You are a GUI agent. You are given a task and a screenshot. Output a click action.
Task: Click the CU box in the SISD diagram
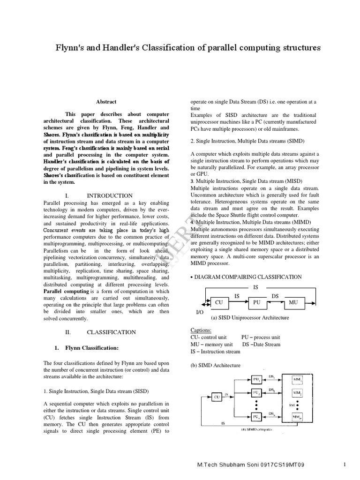coord(218,303)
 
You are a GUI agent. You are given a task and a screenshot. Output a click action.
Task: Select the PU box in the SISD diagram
coord(256,303)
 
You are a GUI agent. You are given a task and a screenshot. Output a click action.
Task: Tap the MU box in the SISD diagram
coord(294,303)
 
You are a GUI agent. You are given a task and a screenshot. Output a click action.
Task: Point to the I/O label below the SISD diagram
coord(200,311)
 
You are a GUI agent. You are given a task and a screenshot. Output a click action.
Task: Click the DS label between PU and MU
coord(276,296)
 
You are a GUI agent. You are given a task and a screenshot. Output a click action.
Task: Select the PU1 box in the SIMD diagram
coord(257,379)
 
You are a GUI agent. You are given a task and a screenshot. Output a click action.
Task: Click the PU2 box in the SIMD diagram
coord(257,392)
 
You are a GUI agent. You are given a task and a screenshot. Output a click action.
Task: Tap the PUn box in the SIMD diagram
coord(257,415)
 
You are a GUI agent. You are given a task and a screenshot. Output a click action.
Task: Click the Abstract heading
coord(106,102)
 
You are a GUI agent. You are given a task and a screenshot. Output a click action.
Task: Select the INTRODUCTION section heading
coord(110,195)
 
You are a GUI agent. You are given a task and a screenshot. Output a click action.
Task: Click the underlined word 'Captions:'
coord(202,330)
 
